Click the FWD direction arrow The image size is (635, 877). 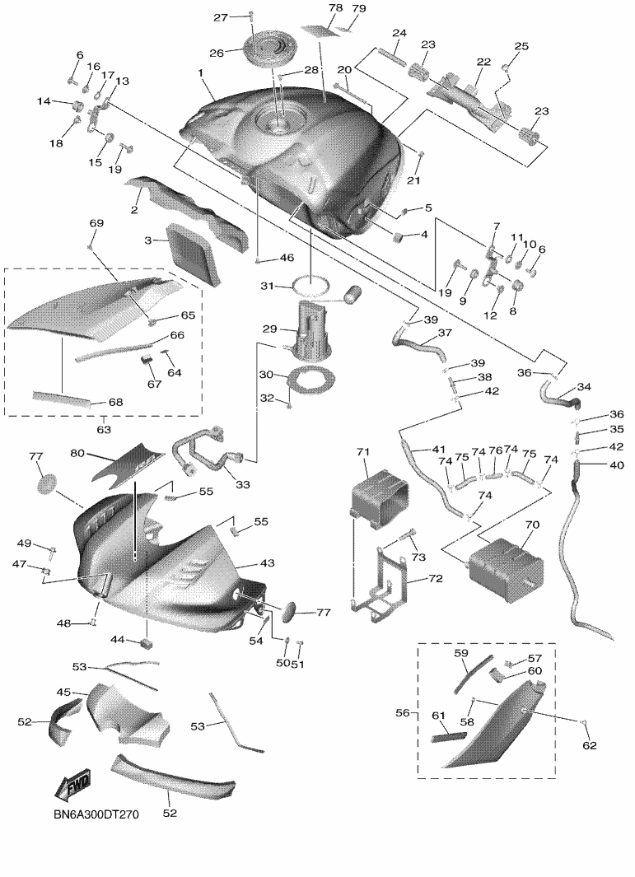[72, 785]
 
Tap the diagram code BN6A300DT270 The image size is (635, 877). [96, 814]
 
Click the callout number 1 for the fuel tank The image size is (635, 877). [200, 72]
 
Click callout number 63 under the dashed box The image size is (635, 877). [104, 430]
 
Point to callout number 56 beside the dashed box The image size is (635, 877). [403, 712]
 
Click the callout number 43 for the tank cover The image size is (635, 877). [268, 563]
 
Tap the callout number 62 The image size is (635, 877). [590, 745]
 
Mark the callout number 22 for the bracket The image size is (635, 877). [483, 62]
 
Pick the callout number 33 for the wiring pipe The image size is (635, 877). [243, 485]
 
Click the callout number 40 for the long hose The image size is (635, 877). [616, 464]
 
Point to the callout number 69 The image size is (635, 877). [96, 223]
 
